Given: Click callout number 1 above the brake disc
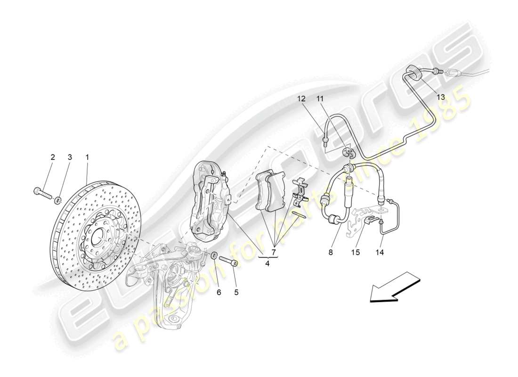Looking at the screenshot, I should (x=87, y=157).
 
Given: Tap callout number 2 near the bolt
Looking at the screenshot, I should (x=53, y=157).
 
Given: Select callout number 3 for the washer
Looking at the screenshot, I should (x=70, y=157).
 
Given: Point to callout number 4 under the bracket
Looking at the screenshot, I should (x=267, y=263).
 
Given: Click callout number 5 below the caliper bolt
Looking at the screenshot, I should (x=236, y=292).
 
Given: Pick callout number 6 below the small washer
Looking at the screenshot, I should (x=219, y=292).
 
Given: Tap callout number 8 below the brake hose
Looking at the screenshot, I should (x=331, y=252).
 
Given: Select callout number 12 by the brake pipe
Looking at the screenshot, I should (x=301, y=99).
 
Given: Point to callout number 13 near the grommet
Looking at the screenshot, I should (x=440, y=97).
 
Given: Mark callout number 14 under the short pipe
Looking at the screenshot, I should (x=380, y=252).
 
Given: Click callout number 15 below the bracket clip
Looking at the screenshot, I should (x=355, y=252).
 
